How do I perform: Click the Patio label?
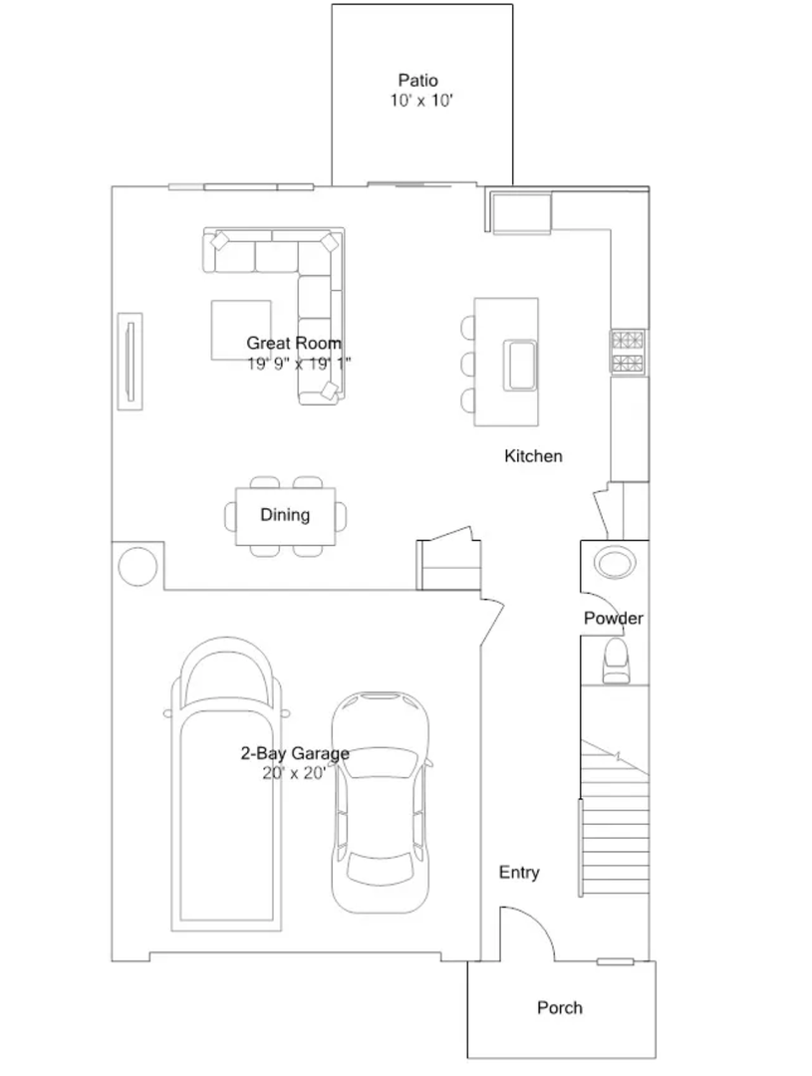click(418, 81)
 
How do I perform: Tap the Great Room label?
click(294, 343)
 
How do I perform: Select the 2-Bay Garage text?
click(295, 753)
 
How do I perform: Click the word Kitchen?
click(533, 456)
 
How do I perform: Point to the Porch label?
click(559, 1008)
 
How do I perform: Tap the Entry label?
click(519, 872)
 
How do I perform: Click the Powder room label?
click(614, 619)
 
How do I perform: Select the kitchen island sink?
click(520, 365)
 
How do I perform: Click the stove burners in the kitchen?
click(629, 352)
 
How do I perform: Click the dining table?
click(286, 516)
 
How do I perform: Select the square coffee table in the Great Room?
click(241, 330)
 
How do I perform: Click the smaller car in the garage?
click(381, 802)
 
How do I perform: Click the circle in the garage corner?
click(137, 566)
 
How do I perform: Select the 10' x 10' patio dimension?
click(421, 101)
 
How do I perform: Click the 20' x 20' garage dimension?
click(294, 773)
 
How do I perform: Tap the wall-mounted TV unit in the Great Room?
click(130, 362)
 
